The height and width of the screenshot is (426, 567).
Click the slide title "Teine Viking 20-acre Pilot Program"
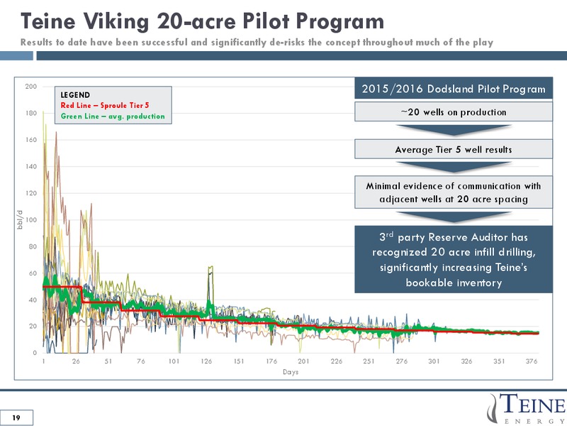(x=202, y=21)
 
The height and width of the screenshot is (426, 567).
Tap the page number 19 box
(x=16, y=417)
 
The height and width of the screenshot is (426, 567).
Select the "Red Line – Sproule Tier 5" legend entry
(x=105, y=105)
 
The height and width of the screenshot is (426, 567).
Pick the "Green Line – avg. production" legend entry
(x=113, y=116)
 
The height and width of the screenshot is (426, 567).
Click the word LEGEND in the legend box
(x=75, y=95)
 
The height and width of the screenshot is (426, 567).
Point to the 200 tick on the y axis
(x=31, y=87)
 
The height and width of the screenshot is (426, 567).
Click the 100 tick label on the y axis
(x=31, y=220)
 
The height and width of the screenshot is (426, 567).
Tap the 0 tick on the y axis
(x=35, y=353)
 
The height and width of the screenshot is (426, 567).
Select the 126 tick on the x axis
(x=206, y=361)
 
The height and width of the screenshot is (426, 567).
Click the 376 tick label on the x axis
(x=532, y=361)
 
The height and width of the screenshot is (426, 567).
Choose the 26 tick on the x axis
(x=76, y=361)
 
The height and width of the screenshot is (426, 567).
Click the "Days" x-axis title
(x=291, y=372)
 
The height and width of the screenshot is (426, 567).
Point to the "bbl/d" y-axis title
(x=20, y=219)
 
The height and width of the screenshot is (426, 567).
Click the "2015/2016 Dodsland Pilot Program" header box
(x=454, y=89)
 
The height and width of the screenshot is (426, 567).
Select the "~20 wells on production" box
(x=454, y=112)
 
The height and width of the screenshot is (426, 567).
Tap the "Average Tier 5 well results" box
(x=454, y=149)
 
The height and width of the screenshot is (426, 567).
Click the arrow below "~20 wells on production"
(x=454, y=130)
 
